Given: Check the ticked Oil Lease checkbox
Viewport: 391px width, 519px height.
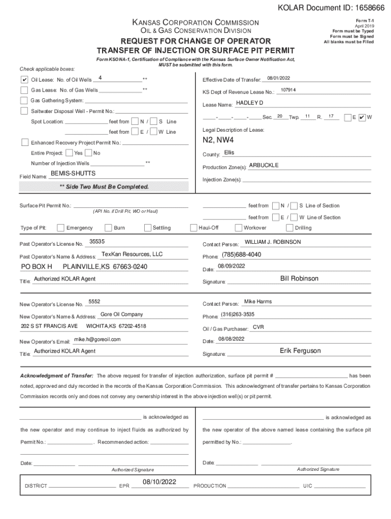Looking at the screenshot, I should tap(24, 80).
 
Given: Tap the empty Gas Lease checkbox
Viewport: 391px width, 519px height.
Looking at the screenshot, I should tap(24, 90).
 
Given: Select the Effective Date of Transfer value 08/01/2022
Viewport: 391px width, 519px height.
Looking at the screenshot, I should tap(278, 79).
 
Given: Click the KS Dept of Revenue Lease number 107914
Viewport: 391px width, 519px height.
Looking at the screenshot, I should tap(288, 90).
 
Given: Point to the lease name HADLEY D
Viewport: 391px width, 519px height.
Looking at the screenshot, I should tap(250, 103).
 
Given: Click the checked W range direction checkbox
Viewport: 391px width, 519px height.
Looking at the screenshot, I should tap(362, 117).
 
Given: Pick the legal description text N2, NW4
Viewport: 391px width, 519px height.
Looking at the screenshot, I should tap(218, 140).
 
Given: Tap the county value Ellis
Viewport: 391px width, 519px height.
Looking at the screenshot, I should tap(229, 153).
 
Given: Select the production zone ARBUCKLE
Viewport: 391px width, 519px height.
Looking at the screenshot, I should tap(264, 165).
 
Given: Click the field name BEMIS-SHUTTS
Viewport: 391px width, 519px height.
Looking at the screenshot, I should tap(73, 173).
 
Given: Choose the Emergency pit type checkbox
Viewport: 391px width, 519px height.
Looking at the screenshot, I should tap(61, 228).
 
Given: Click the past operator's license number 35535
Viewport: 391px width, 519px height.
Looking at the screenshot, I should tap(97, 241).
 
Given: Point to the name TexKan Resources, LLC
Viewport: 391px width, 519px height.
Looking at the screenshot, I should tap(132, 254).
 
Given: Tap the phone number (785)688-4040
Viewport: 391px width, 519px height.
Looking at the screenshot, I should tap(241, 254).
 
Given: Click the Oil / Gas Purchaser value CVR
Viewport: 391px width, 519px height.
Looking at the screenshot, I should tap(258, 327).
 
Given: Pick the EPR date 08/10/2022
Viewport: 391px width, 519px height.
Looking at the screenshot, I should tap(159, 481).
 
